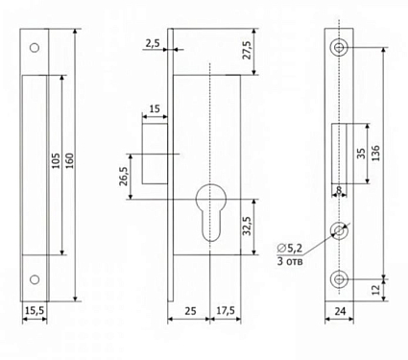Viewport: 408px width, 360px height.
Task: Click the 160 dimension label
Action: [x=70, y=160]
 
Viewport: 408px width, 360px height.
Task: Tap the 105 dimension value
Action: [x=56, y=160]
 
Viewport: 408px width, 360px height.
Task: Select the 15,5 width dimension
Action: [x=35, y=311]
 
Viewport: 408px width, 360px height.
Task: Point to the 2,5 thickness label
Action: [x=153, y=43]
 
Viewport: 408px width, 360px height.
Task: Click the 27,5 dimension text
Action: [x=248, y=50]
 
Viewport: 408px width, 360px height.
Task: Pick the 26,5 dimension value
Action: [x=124, y=176]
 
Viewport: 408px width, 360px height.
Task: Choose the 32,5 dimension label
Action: [x=247, y=226]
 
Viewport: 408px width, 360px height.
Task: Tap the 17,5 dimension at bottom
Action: [x=226, y=311]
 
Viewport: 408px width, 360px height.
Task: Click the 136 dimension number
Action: [x=376, y=153]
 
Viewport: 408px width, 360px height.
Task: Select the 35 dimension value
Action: [x=361, y=154]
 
